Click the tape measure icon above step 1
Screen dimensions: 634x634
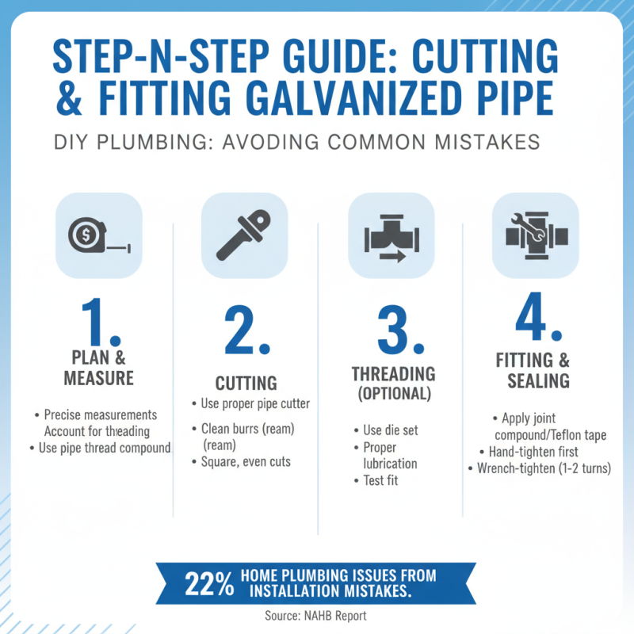98,235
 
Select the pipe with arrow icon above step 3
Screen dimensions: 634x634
391,235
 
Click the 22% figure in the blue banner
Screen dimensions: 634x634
208,584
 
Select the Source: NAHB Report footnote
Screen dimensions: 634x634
316,616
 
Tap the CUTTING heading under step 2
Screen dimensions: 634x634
246,384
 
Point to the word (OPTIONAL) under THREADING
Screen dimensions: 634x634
393,393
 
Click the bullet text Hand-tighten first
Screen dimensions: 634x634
540,452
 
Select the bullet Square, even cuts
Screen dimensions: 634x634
246,461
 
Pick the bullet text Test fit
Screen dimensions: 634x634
382,480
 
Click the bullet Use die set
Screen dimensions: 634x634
390,430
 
